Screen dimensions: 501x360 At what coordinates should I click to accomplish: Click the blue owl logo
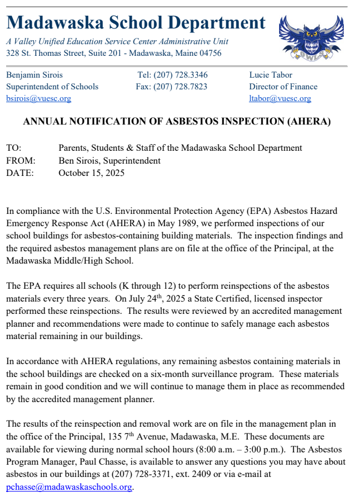(x=310, y=37)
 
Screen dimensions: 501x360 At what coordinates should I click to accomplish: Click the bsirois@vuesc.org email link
(x=39, y=99)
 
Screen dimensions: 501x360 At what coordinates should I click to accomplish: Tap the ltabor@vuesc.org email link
(x=280, y=99)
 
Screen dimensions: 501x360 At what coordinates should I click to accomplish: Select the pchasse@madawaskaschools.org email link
(x=69, y=487)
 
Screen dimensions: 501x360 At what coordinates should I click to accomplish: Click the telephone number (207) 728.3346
(x=186, y=75)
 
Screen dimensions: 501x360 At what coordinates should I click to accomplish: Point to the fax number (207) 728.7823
(x=186, y=87)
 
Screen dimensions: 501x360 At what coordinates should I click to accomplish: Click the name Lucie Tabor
(x=271, y=75)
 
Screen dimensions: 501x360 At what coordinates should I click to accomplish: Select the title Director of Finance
(x=283, y=87)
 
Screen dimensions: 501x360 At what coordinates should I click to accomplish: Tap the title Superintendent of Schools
(x=52, y=87)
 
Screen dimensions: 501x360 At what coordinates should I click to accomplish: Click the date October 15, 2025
(x=92, y=173)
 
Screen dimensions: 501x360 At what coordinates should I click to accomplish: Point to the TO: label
(x=14, y=148)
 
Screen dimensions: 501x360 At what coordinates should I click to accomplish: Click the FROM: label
(x=21, y=160)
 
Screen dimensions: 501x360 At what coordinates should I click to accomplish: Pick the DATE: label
(x=20, y=173)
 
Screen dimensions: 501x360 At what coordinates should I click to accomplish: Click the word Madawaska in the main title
(x=47, y=23)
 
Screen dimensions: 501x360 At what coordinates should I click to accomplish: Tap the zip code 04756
(x=209, y=54)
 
